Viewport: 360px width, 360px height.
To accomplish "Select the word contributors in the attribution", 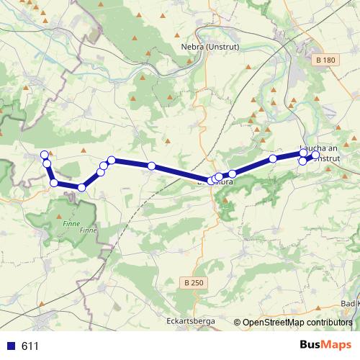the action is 329,323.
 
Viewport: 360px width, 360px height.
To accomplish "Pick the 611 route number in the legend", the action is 30,346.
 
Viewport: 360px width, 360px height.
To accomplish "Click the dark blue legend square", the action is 11,346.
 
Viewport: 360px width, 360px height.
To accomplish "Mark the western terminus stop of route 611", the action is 44,154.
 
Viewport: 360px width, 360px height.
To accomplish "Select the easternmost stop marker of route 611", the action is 315,155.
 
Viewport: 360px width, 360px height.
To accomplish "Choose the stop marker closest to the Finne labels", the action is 81,188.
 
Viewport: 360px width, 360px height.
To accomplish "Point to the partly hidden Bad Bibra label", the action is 215,182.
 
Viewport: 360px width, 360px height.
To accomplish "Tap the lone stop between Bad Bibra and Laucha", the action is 273,158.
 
